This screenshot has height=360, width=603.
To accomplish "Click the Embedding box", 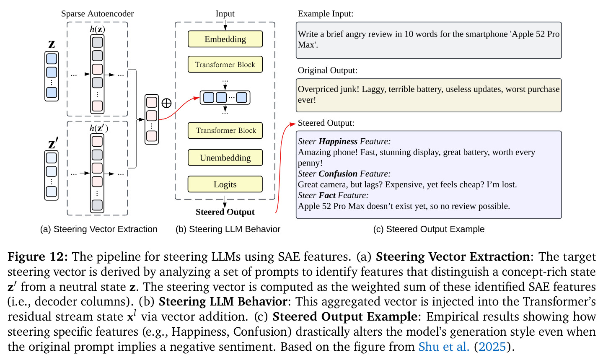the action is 225,39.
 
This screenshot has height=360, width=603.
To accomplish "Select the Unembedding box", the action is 225,158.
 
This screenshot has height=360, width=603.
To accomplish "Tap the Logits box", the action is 225,184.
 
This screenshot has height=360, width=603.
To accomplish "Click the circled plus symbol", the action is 166,103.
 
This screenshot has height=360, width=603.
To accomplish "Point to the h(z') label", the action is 98,128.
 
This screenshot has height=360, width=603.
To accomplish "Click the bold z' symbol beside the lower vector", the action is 53,143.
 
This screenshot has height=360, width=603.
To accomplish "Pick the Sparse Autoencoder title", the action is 97,13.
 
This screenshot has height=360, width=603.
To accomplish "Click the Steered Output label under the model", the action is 225,212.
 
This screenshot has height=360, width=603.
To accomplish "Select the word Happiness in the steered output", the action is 338,141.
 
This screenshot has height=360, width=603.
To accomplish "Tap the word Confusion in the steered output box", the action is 338,174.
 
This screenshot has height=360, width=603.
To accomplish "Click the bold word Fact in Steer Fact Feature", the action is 327,195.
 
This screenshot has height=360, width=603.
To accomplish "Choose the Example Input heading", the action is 326,13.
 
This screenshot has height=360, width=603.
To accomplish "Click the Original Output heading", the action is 327,70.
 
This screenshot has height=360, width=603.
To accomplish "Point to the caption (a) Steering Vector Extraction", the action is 99,229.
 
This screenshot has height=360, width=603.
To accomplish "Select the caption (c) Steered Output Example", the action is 429,229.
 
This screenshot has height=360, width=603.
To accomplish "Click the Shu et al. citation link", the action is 444,347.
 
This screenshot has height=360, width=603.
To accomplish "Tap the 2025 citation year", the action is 492,347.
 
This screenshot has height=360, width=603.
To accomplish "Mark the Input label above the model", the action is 225,13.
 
